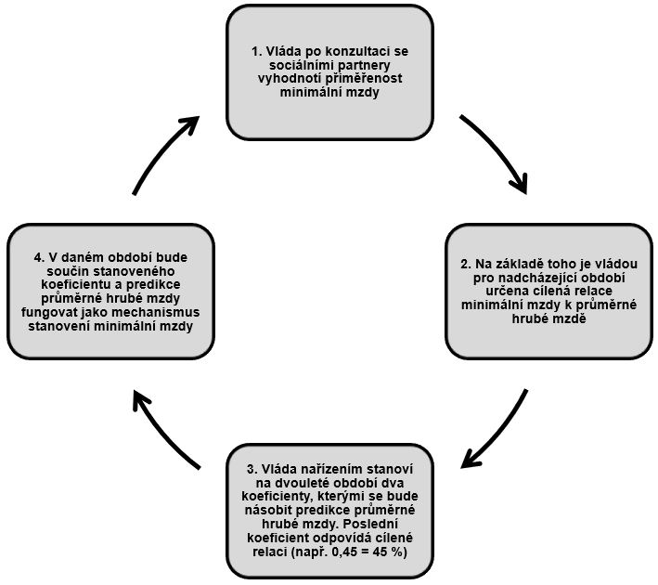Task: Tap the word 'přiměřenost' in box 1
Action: click(367, 79)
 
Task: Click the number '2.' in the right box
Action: click(466, 264)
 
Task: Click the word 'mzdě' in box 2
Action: click(571, 318)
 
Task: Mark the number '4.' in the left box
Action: click(40, 257)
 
